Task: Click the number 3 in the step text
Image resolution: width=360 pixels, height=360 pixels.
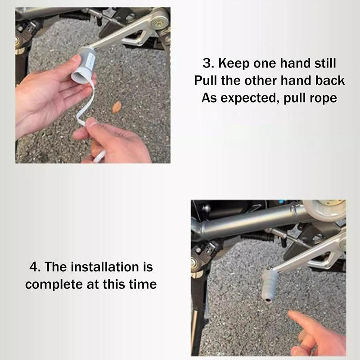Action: click(x=207, y=63)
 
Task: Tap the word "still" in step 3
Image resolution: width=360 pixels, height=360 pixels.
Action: click(x=325, y=63)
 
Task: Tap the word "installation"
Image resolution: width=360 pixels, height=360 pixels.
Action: click(x=105, y=267)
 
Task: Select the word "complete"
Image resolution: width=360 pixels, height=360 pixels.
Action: click(x=54, y=285)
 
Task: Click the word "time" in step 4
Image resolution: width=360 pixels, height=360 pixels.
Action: click(x=143, y=284)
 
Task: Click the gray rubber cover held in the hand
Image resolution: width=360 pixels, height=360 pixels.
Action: click(x=83, y=65)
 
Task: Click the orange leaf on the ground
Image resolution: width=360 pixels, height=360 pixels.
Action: click(x=117, y=107)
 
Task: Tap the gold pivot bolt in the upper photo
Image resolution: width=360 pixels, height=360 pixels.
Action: click(x=158, y=22)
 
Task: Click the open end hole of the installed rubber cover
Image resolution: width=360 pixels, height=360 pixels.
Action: click(x=267, y=300)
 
